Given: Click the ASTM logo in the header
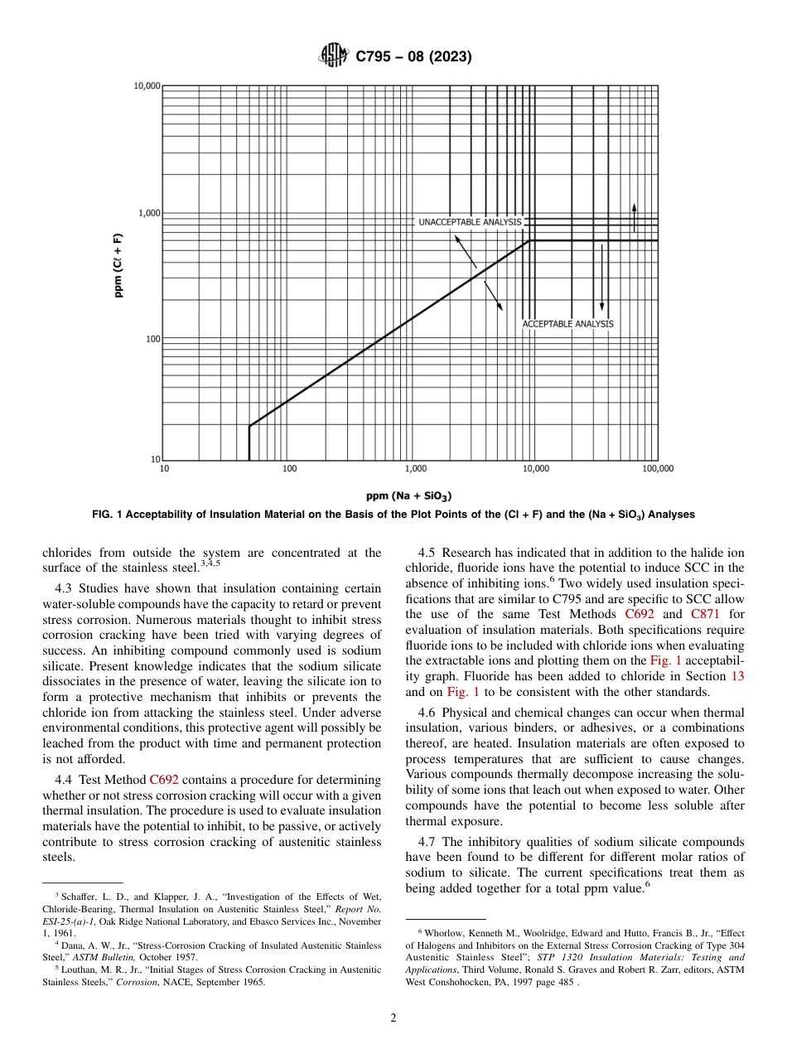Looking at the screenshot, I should [333, 56].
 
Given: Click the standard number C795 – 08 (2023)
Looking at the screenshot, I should [413, 57].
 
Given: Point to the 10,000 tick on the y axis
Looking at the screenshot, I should [147, 86].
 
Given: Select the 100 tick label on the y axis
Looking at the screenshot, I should [152, 339].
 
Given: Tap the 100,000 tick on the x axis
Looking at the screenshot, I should [658, 469].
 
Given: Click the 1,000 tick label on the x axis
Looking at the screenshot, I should [412, 469].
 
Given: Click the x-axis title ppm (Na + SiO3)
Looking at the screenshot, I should [408, 496].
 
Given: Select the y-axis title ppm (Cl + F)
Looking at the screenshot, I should [118, 264].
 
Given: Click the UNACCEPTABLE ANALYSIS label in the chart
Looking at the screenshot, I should [469, 222].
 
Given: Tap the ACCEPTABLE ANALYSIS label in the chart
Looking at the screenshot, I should [567, 324].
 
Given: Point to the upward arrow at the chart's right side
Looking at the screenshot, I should [634, 215].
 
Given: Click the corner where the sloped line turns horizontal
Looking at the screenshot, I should [529, 241].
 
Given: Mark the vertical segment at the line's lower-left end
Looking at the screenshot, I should [249, 443].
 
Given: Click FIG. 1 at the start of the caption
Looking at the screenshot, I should [106, 515].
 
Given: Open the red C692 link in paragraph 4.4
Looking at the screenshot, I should [164, 780].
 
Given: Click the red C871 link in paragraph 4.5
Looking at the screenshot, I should [705, 614].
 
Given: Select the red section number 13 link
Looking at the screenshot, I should [736, 675].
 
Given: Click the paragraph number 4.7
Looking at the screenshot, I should [431, 842].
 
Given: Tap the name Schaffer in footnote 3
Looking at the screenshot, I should [78, 897].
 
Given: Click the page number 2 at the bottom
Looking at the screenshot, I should [393, 1018].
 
